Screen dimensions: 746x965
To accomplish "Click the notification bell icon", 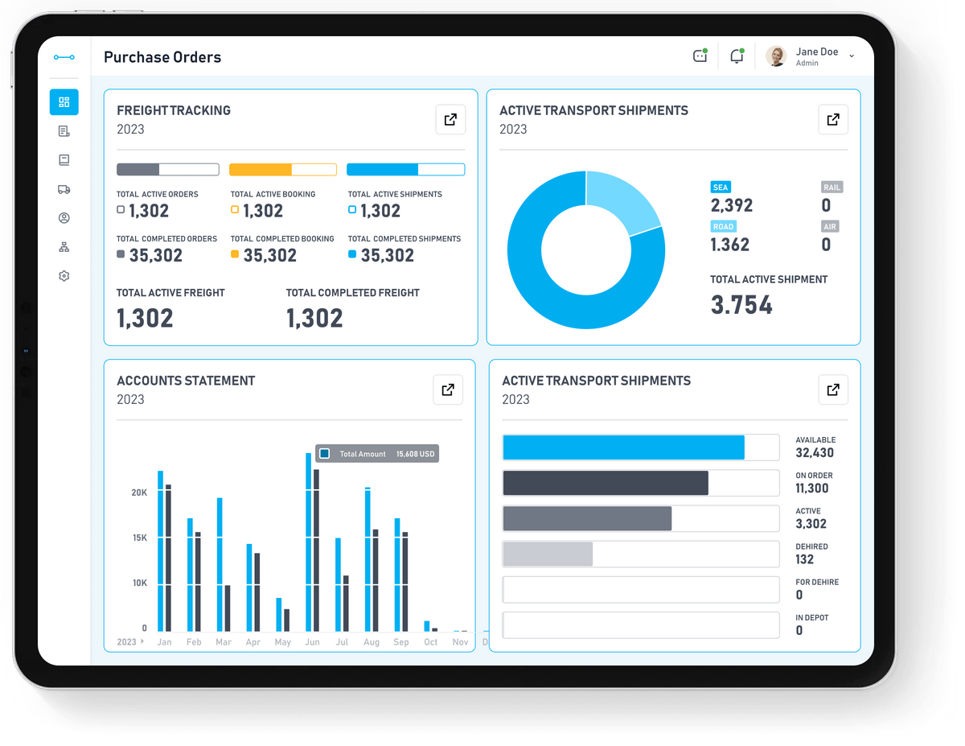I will [x=736, y=56].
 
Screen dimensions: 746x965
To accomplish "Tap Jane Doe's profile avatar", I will [x=776, y=56].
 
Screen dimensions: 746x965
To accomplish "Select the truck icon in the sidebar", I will [x=64, y=189].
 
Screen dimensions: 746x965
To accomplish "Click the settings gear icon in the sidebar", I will [x=64, y=276].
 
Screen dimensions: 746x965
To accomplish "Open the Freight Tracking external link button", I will [x=450, y=120].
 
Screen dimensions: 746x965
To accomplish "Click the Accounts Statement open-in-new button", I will [x=448, y=390].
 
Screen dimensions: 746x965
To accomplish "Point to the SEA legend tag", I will [x=721, y=188].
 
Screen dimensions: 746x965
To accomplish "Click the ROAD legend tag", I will [x=724, y=227].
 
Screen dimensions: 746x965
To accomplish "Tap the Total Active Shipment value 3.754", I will [x=741, y=305].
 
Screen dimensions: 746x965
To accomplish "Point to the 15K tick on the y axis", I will [x=139, y=538].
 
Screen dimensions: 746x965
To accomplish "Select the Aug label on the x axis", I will [x=372, y=642].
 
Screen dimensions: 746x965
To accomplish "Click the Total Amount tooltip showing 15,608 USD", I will [x=376, y=454].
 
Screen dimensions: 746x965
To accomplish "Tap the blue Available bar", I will [x=623, y=447].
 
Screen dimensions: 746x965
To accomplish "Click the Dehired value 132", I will [x=804, y=559].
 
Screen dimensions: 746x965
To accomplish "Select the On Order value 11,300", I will [x=811, y=488].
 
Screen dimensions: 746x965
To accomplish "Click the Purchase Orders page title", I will [x=162, y=57].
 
